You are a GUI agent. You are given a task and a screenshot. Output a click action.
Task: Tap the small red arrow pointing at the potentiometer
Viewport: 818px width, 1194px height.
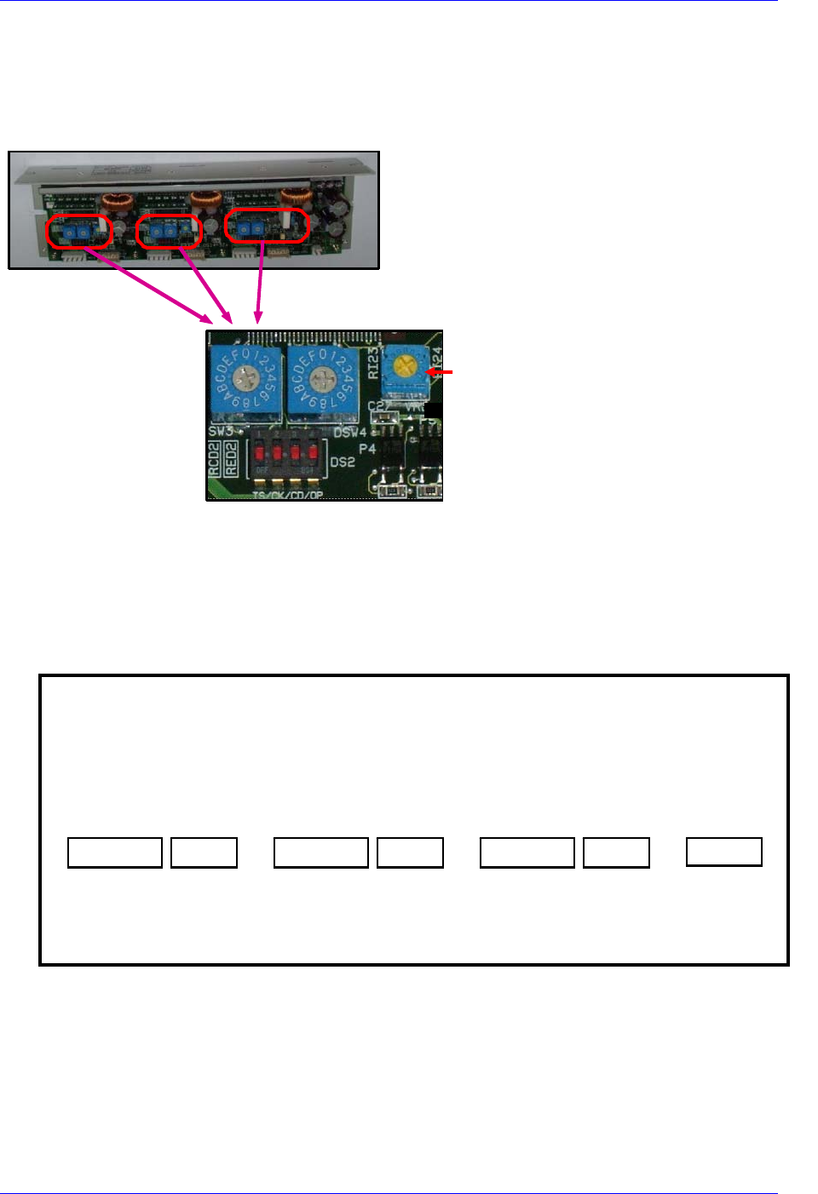pos(440,372)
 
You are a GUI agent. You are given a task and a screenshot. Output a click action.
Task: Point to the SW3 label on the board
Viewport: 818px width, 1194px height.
pos(221,431)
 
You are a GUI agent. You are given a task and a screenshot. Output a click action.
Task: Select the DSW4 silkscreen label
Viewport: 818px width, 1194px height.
pos(349,433)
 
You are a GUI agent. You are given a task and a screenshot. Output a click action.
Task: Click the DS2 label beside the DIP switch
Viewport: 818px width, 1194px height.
pos(343,462)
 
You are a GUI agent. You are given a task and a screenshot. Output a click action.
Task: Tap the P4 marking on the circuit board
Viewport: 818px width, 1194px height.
pos(367,448)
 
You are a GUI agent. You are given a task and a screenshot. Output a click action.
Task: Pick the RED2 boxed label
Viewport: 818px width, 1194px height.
pos(231,459)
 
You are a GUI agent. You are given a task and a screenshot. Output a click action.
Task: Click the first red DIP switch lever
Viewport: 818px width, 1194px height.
pos(261,451)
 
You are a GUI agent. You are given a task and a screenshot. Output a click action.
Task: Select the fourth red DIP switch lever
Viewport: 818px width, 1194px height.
pos(314,451)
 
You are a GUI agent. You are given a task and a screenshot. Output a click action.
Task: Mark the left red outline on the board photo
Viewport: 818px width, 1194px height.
pos(79,232)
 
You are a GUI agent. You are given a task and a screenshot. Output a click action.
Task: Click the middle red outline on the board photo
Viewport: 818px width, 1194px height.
pos(169,231)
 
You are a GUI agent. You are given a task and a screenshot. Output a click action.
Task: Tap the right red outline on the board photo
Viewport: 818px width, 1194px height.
pos(266,226)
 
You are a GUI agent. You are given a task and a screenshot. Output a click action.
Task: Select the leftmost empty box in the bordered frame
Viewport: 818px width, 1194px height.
pos(115,852)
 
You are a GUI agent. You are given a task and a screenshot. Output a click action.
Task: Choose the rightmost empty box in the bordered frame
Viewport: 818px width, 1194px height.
pos(724,852)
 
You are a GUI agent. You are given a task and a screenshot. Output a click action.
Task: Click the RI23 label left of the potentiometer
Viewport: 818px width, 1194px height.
pos(373,363)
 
